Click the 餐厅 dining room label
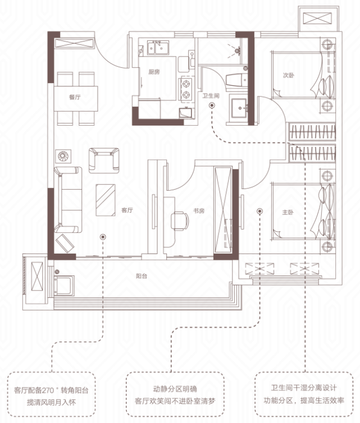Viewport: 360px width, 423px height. click(x=75, y=97)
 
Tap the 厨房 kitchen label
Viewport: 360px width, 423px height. click(x=154, y=72)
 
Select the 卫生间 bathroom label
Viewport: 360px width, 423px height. click(x=211, y=96)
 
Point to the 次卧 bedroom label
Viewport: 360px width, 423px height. click(x=289, y=75)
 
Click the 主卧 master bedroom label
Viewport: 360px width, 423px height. click(x=288, y=212)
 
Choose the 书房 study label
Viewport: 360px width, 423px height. click(x=199, y=211)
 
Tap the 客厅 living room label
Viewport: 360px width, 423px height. click(x=127, y=210)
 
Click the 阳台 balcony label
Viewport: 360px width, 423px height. click(x=142, y=276)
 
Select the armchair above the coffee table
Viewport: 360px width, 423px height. click(x=104, y=160)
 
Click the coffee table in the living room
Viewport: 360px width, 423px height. click(x=106, y=200)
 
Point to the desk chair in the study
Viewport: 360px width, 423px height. click(x=180, y=220)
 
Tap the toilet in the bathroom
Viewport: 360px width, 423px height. click(x=236, y=80)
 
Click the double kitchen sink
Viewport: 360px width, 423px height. click(x=158, y=48)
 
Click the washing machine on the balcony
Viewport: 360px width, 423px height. click(x=64, y=286)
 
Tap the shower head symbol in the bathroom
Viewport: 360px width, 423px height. click(x=238, y=50)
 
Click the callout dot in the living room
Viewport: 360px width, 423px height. click(x=103, y=237)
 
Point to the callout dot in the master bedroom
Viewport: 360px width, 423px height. click(x=260, y=211)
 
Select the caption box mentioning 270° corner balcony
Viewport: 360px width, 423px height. click(x=51, y=394)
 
